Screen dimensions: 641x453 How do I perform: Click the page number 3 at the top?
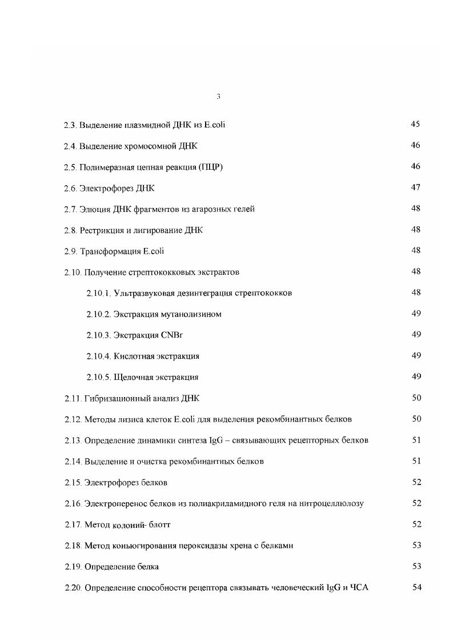tap(219, 97)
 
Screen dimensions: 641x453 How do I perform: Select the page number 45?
tap(415, 125)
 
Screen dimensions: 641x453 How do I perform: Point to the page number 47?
tap(415, 187)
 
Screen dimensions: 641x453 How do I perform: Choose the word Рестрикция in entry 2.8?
tap(102, 230)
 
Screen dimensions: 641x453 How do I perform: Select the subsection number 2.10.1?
tap(98, 294)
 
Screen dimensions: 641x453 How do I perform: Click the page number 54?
tap(416, 588)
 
